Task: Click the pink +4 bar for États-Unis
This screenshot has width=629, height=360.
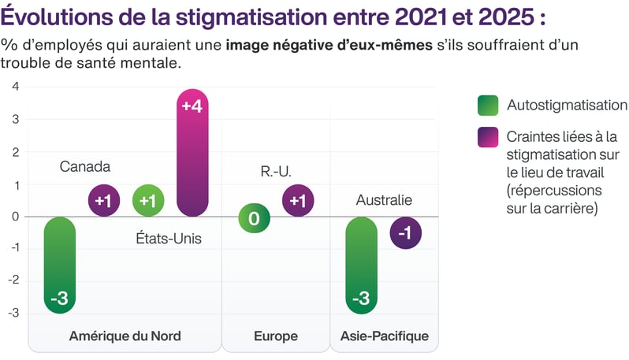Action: [x=192, y=154]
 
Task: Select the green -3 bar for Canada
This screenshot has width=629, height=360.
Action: [x=60, y=265]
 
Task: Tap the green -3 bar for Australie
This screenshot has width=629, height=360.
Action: [x=362, y=265]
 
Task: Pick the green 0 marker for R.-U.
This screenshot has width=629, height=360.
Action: [x=254, y=217]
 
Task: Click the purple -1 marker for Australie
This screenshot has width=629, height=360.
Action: [x=405, y=233]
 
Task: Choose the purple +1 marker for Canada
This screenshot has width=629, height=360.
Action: [x=103, y=200]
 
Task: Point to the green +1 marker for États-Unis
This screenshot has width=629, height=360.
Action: [x=147, y=200]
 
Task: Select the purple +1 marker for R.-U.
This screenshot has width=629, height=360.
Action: [x=298, y=200]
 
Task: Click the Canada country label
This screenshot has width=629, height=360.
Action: [x=85, y=167]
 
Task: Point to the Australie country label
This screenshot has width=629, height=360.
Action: [x=384, y=200]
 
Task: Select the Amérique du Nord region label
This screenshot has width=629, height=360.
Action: [x=125, y=336]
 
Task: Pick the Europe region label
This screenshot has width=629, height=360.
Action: [x=276, y=336]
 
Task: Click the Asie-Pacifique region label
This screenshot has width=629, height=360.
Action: [x=385, y=336]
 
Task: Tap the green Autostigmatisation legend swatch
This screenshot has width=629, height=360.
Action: [x=488, y=105]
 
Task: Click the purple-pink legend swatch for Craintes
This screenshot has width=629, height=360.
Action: [x=488, y=137]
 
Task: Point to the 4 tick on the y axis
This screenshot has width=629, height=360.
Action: [x=16, y=86]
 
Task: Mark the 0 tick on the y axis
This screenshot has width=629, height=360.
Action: [x=16, y=217]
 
